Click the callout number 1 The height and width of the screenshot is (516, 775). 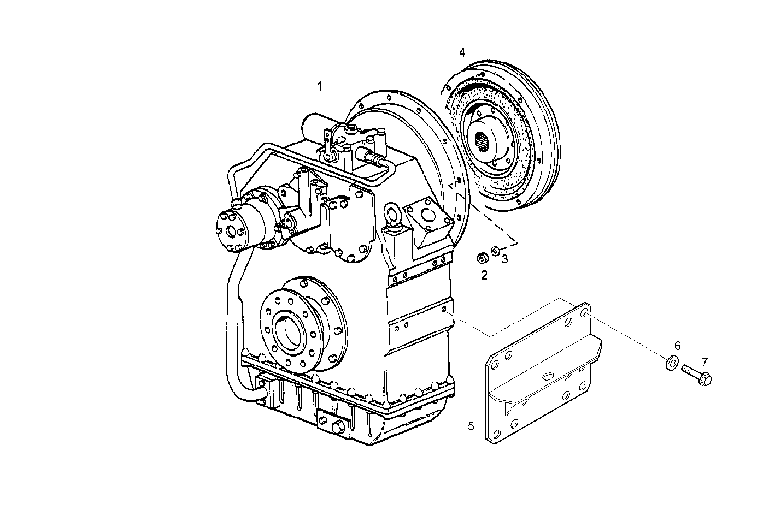pyautogui.click(x=320, y=86)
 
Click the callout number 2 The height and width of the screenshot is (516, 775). pyautogui.click(x=484, y=276)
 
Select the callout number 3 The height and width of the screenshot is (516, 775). pyautogui.click(x=504, y=259)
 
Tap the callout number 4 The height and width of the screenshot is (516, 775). pyautogui.click(x=462, y=52)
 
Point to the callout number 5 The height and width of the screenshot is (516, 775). pyautogui.click(x=471, y=425)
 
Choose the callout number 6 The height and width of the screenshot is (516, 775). pyautogui.click(x=677, y=345)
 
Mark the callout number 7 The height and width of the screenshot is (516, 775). pyautogui.click(x=704, y=361)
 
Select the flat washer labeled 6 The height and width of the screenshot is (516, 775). pyautogui.click(x=671, y=362)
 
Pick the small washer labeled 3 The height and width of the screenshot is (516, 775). pyautogui.click(x=495, y=251)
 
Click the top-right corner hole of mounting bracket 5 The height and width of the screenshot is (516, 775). pyautogui.click(x=584, y=313)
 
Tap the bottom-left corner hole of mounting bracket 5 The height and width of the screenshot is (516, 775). pyautogui.click(x=495, y=433)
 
